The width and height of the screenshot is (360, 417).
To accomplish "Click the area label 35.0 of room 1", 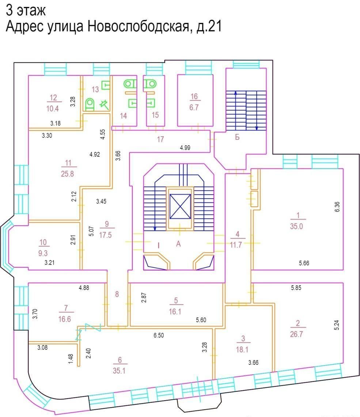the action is pyautogui.click(x=296, y=226).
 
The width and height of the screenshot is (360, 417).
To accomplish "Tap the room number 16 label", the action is pyautogui.click(x=194, y=96).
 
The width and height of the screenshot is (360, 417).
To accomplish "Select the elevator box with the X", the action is pyautogui.click(x=180, y=206).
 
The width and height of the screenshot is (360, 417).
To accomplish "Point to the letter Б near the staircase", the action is pyautogui.click(x=237, y=137).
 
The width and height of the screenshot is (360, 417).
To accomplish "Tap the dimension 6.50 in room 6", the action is pyautogui.click(x=159, y=335).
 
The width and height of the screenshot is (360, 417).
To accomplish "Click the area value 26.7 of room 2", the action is pyautogui.click(x=296, y=334).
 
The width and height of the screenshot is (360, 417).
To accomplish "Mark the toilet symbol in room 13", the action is pyautogui.click(x=90, y=104).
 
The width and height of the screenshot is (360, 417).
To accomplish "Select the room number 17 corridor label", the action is pyautogui.click(x=160, y=139).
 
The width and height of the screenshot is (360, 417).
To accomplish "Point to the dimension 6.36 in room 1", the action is pyautogui.click(x=337, y=207).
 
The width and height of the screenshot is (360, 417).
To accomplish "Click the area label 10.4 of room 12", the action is pyautogui.click(x=53, y=108).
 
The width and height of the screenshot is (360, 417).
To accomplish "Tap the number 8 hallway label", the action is pyautogui.click(x=117, y=294).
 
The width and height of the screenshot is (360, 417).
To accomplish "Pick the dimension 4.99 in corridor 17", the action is pyautogui.click(x=185, y=148).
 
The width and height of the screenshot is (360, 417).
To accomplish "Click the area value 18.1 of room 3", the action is pyautogui.click(x=242, y=349).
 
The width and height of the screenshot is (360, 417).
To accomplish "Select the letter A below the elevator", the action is pyautogui.click(x=178, y=244).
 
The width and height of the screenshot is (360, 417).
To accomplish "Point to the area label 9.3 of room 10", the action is pyautogui.click(x=43, y=253).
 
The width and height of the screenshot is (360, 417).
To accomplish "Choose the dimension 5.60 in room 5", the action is pyautogui.click(x=201, y=320).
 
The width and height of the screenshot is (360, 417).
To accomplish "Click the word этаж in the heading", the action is pyautogui.click(x=31, y=10).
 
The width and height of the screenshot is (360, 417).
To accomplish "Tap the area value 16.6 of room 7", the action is pyautogui.click(x=65, y=319).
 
